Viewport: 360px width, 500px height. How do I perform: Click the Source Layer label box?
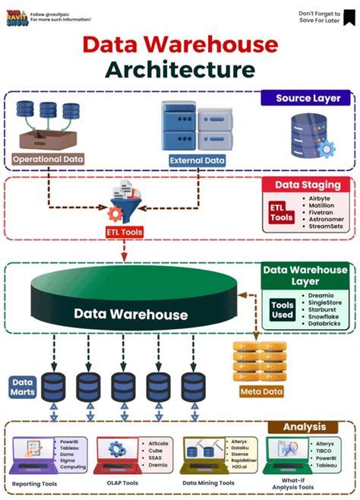[x=308, y=99]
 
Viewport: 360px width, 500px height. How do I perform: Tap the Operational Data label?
[x=48, y=160]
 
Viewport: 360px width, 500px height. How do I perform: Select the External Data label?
[x=197, y=160]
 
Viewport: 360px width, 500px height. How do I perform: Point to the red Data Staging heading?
[x=307, y=185]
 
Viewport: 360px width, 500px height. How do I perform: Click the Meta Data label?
[x=261, y=392]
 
